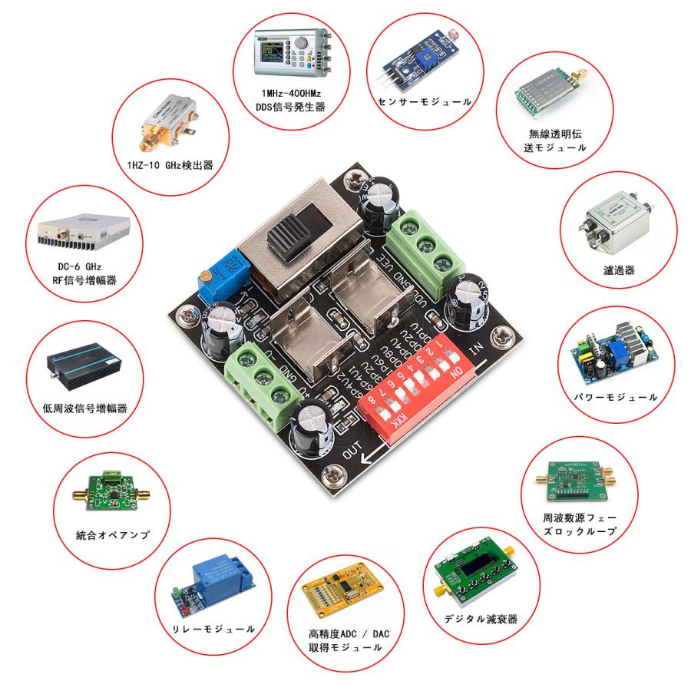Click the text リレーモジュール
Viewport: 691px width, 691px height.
click(x=214, y=629)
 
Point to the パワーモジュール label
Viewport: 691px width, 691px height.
click(x=615, y=397)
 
